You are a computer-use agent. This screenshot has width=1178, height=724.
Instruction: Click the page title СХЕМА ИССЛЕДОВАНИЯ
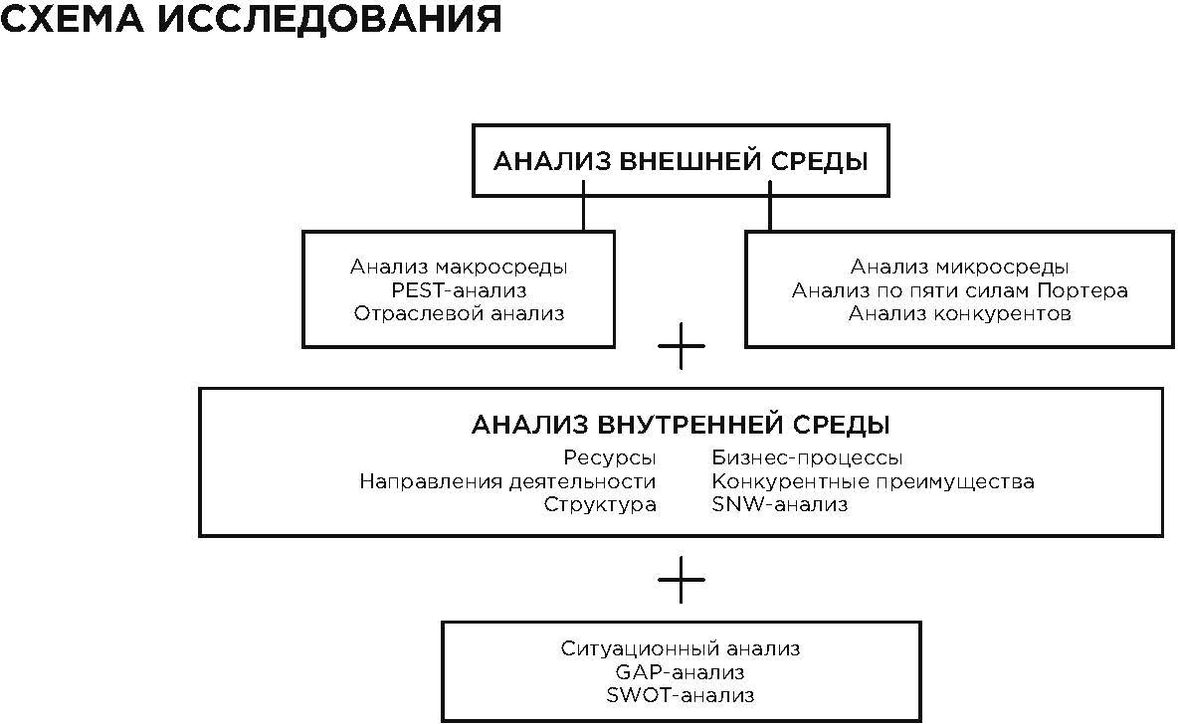(251, 19)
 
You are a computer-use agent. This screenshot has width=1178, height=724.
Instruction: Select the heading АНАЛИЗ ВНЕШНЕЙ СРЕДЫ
(681, 161)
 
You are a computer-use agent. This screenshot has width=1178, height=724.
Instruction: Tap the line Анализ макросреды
(459, 267)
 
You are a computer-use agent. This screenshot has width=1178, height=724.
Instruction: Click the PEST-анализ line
(459, 290)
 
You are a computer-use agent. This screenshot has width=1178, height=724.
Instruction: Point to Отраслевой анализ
(459, 314)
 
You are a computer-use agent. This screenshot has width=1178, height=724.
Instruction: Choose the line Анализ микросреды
(959, 267)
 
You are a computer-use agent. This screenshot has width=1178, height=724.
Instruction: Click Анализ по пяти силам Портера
(959, 290)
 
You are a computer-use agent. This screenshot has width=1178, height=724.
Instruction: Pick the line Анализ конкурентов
(959, 314)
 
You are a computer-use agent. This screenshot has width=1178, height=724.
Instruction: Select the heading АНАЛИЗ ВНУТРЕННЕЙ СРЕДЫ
(681, 425)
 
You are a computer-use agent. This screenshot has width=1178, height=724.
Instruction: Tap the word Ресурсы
(610, 458)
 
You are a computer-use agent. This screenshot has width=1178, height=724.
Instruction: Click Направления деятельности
(507, 481)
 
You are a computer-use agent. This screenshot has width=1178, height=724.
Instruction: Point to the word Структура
(600, 504)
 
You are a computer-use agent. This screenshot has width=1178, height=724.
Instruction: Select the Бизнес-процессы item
(807, 458)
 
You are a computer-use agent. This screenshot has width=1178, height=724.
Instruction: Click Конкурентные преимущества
(873, 481)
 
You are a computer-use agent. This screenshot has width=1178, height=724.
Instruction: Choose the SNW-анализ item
(779, 504)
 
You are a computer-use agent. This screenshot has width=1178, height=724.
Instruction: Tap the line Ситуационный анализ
(681, 649)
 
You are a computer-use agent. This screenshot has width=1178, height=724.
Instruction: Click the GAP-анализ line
(681, 672)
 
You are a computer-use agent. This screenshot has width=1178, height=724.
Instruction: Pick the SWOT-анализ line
(681, 695)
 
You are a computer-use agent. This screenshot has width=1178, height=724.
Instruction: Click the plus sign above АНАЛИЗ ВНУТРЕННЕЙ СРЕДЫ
(682, 346)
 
